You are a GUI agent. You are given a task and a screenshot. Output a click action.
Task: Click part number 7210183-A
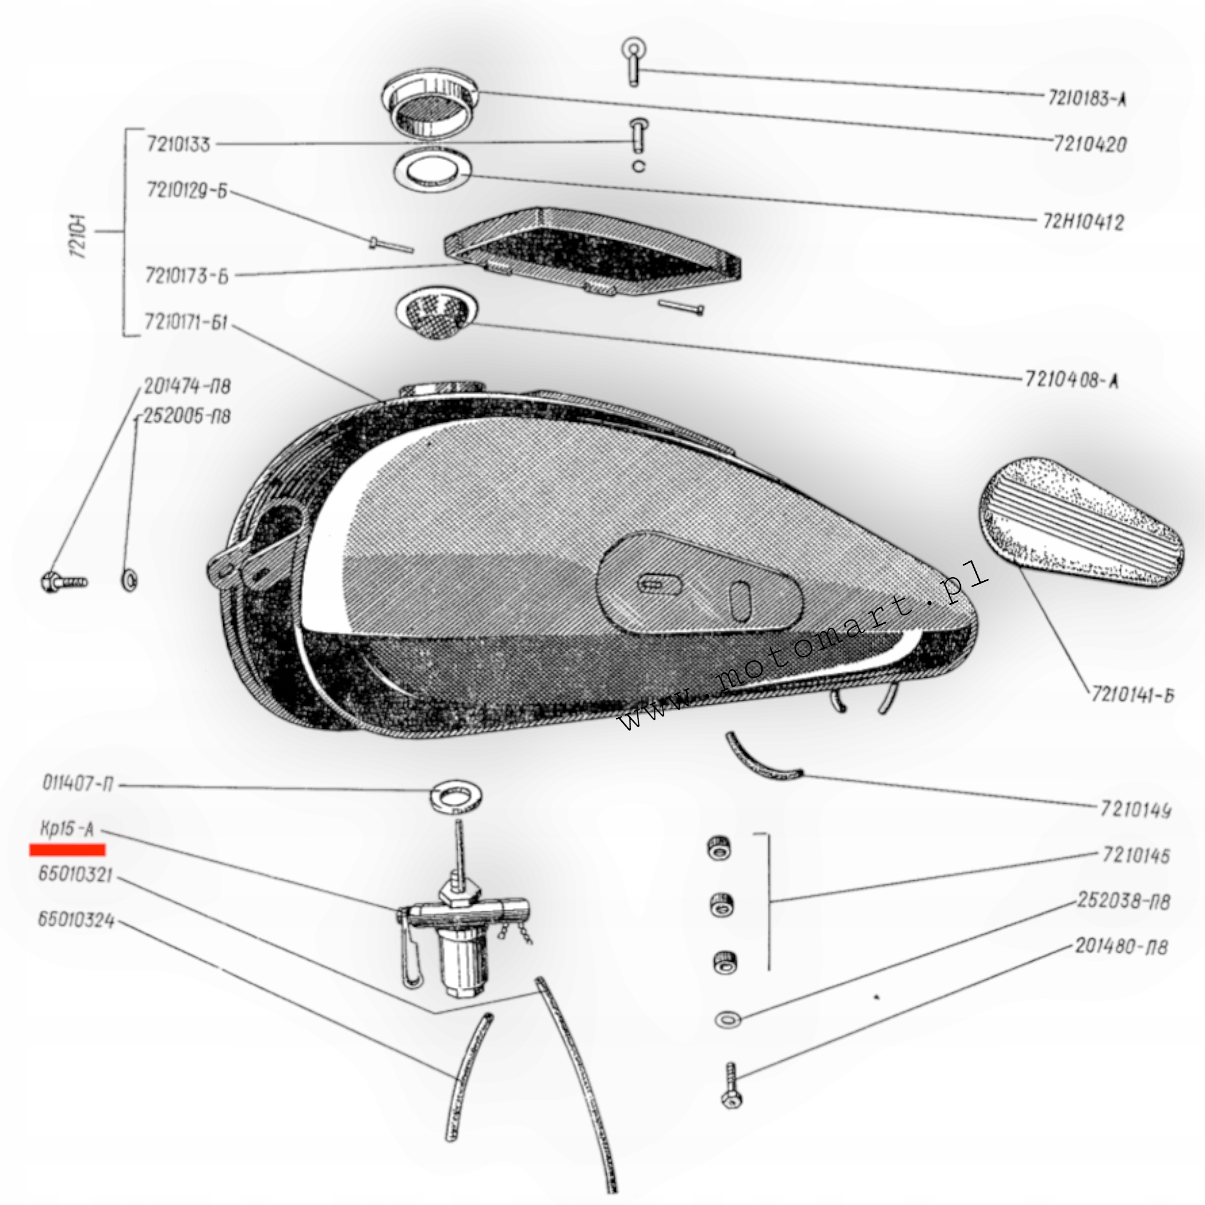click(1087, 98)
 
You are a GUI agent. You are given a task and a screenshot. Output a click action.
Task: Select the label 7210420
click(1090, 145)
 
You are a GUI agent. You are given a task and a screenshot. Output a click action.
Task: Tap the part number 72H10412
click(1083, 222)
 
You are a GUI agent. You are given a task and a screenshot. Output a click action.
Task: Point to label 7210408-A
click(1071, 380)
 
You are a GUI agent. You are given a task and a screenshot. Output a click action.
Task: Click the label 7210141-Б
click(1132, 695)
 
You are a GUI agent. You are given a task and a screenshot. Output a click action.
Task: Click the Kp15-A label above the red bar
click(66, 830)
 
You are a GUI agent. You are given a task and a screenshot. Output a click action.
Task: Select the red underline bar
click(67, 850)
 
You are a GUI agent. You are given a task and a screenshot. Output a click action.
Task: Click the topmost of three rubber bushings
click(719, 849)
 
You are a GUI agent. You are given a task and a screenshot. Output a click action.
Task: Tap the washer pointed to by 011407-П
click(455, 797)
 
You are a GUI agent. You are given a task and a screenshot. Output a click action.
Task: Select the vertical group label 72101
click(79, 237)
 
